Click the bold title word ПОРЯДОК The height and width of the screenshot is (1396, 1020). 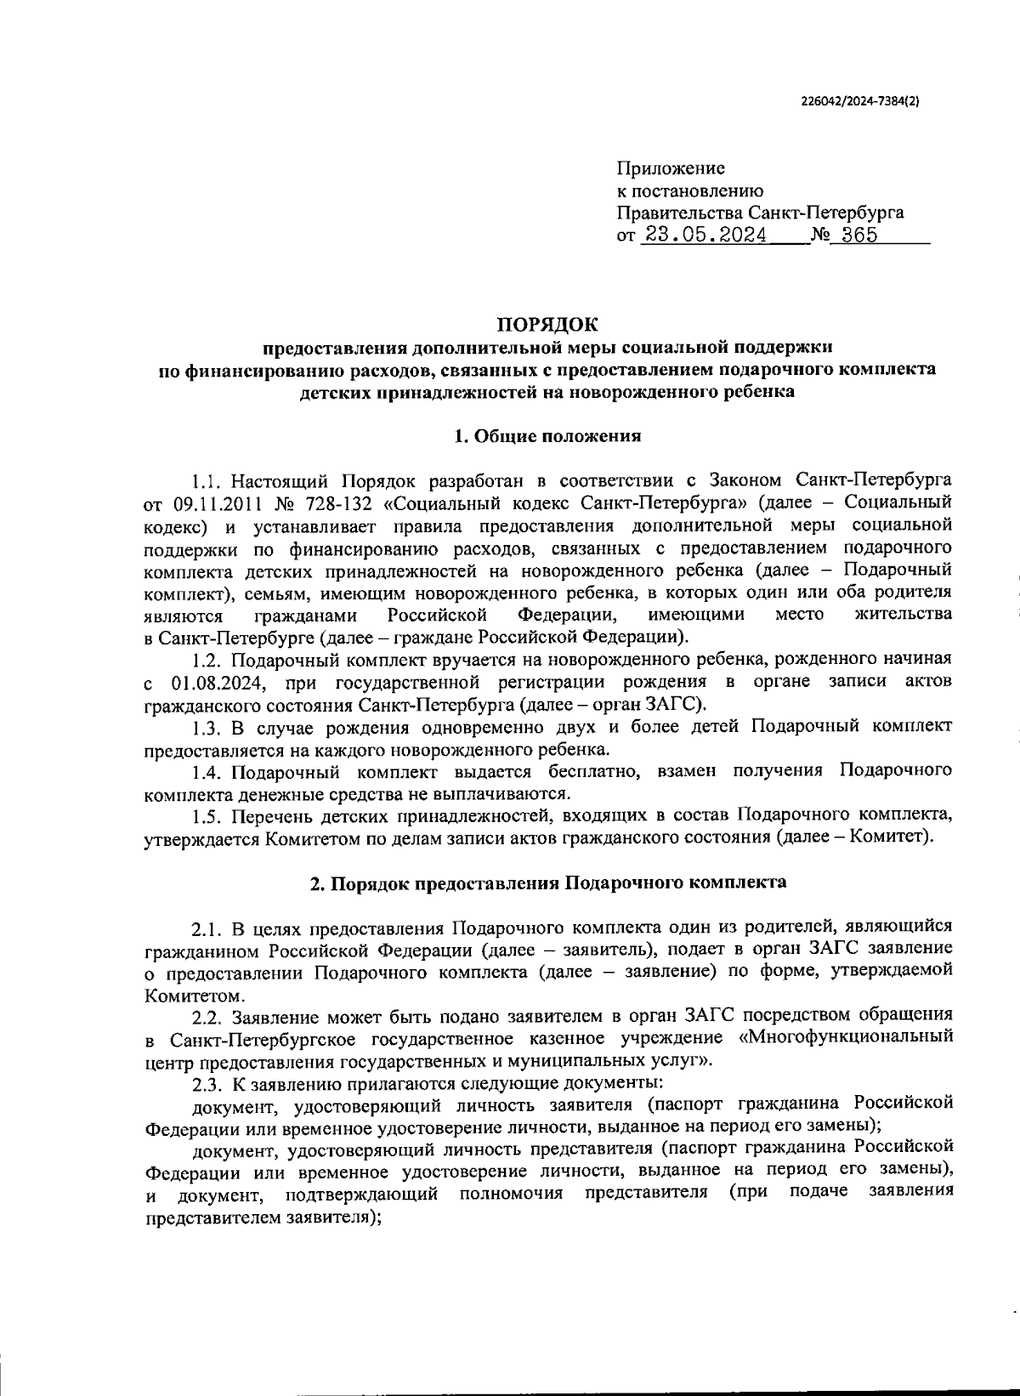[547, 324]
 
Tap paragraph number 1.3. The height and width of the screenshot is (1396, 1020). [207, 727]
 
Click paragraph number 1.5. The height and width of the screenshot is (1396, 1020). [207, 815]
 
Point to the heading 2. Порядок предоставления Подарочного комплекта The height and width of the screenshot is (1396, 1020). [547, 882]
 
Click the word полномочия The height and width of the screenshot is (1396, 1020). [511, 1193]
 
